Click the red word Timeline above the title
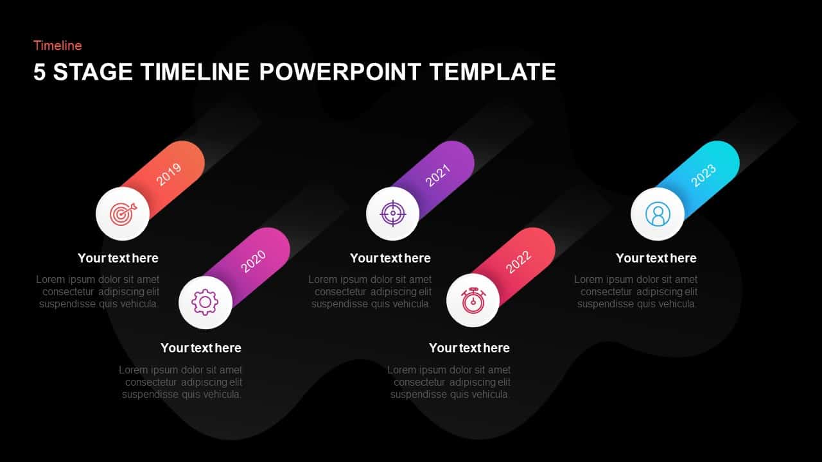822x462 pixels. (x=58, y=46)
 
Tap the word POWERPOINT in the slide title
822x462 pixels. (x=341, y=72)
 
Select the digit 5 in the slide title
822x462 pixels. (x=40, y=72)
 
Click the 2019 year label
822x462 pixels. (x=169, y=174)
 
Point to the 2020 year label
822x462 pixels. (x=253, y=261)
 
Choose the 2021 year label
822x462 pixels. (x=438, y=175)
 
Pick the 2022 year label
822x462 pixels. (x=518, y=261)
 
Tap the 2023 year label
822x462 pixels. (x=703, y=175)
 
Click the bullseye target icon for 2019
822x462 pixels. (x=123, y=214)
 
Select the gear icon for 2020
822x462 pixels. (x=205, y=302)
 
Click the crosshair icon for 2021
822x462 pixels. (x=392, y=214)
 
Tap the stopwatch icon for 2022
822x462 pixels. (x=473, y=300)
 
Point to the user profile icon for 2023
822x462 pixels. (x=658, y=214)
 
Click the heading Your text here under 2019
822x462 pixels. (x=118, y=258)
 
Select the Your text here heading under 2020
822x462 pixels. (x=201, y=348)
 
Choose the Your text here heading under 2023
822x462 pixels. (x=656, y=258)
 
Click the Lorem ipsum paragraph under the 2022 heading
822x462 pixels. (x=450, y=382)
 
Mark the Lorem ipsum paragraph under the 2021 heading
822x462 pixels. (x=371, y=292)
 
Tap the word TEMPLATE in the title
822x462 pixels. (x=493, y=72)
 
